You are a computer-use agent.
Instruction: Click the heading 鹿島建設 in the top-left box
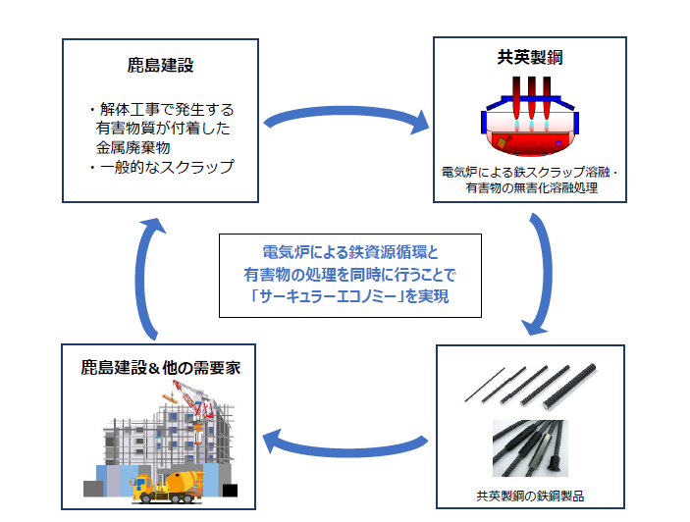click(160, 65)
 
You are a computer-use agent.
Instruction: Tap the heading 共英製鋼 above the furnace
click(530, 57)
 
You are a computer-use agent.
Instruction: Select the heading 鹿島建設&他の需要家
click(161, 368)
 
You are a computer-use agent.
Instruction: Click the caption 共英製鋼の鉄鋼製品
click(530, 496)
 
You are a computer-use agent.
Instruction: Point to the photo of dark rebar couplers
click(530, 448)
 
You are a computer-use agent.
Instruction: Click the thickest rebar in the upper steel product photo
click(570, 387)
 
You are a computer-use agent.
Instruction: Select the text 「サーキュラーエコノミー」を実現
click(350, 296)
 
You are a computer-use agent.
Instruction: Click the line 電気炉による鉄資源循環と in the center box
click(350, 252)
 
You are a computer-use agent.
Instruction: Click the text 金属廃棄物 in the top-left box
click(133, 148)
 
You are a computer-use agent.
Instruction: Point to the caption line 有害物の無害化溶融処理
click(532, 188)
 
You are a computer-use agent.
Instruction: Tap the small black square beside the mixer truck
click(230, 491)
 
